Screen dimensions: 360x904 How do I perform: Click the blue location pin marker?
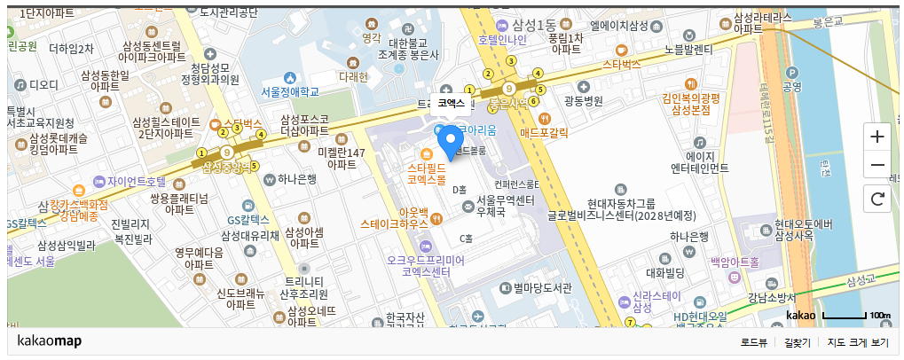pos(452,143)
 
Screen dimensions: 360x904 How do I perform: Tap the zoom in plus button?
pos(877,137)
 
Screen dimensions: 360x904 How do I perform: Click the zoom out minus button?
pos(877,165)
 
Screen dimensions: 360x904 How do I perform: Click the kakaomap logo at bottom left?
pos(50,341)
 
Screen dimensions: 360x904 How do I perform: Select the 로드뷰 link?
pos(754,342)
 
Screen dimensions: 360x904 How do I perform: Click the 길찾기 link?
pos(797,342)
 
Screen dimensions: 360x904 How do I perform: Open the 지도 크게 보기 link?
pos(857,342)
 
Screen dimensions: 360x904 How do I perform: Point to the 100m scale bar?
pos(843,316)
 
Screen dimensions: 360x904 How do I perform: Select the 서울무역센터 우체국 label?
pos(505,207)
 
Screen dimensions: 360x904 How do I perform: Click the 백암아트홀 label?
pos(735,262)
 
